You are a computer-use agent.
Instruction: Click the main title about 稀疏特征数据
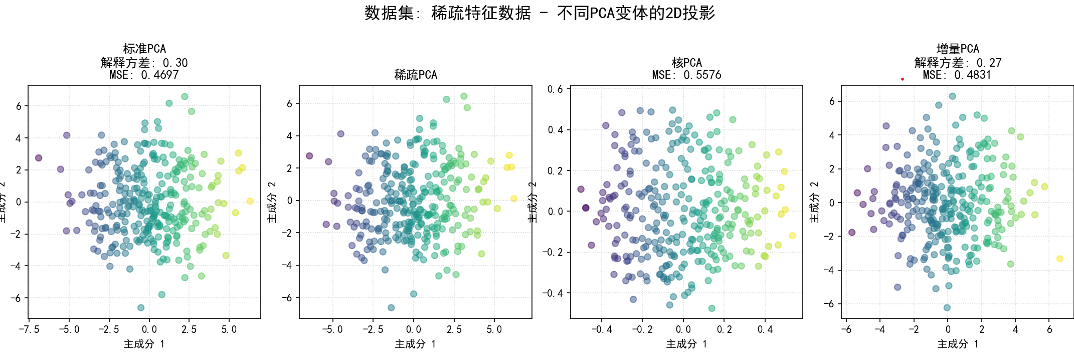tap(540, 13)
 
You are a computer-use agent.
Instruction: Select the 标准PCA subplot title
tap(144, 49)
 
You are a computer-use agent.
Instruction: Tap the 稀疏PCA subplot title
tap(416, 75)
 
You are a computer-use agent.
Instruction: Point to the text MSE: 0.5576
tap(686, 75)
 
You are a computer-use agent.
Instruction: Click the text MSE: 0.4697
tap(144, 75)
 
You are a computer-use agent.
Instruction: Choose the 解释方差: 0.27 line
tap(958, 63)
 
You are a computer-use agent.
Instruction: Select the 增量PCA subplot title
tap(958, 49)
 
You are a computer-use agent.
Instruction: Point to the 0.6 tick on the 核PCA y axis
tap(555, 89)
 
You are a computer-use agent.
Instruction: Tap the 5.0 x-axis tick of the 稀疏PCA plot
tap(494, 329)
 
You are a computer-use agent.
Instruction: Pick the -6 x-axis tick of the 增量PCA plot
tap(846, 329)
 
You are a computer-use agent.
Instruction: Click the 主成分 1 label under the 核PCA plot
tap(686, 344)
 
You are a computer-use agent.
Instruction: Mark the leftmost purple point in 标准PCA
tap(39, 158)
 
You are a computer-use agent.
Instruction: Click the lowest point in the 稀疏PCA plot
tap(391, 307)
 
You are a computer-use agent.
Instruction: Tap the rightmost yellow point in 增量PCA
tap(1059, 259)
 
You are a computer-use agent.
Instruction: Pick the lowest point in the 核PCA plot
tap(711, 308)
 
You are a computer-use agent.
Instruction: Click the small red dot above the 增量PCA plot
tap(903, 79)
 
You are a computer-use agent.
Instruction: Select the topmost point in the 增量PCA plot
tap(952, 96)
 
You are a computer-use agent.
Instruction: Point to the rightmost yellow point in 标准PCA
tap(250, 201)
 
